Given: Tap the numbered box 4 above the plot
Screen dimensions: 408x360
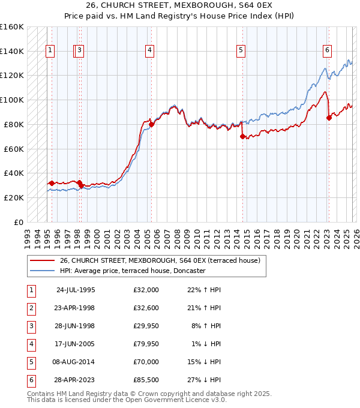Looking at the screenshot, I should coord(148,51).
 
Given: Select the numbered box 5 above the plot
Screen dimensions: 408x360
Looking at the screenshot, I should coord(241,51).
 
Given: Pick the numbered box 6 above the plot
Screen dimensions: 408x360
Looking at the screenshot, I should coord(327,51).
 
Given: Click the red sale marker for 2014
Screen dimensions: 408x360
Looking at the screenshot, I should coord(243,137).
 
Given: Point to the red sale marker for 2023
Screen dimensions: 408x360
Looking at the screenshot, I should coord(329,118).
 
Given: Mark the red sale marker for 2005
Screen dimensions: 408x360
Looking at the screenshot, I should coord(152,125).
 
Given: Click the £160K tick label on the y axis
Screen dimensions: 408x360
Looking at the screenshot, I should coord(12,27).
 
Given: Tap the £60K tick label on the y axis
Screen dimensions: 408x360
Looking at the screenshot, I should coord(14,149).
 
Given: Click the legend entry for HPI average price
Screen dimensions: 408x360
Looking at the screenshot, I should coord(133,271).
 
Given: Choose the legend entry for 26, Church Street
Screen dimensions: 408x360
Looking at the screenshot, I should coord(160,260).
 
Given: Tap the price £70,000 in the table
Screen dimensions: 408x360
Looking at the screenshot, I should coord(146,362).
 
